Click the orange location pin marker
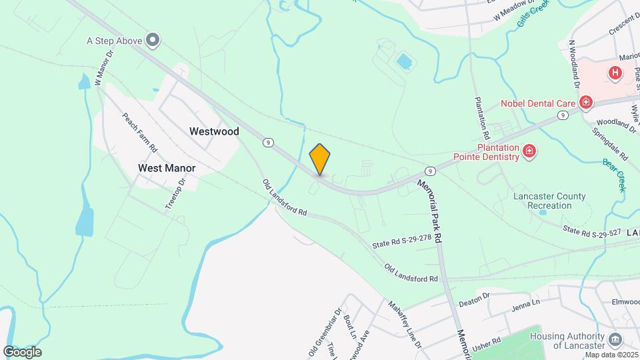320,159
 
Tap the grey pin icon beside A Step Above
153,41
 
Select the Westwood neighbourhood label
214,131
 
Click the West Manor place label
165,168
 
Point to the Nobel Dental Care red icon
586,103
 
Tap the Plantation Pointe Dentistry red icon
529,151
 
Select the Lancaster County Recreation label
549,201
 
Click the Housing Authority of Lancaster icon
614,338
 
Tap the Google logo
22,351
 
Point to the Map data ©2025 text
611,354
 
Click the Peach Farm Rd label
139,131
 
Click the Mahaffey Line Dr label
405,324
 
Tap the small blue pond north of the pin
403,62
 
